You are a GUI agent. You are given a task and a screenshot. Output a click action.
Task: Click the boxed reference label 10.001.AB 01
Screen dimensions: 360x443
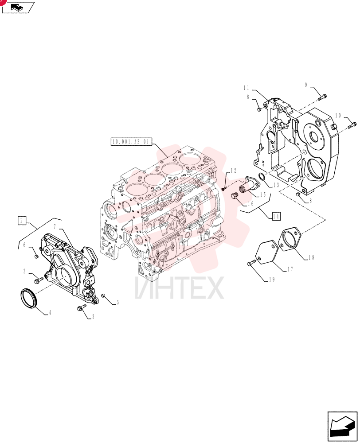131,142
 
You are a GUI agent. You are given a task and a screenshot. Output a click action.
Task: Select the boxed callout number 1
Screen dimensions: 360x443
22,220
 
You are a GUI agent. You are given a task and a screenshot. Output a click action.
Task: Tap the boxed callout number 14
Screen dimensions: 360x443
276,217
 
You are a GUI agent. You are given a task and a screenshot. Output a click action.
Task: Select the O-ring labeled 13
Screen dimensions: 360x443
262,178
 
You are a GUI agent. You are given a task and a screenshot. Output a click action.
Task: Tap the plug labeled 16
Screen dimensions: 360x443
234,195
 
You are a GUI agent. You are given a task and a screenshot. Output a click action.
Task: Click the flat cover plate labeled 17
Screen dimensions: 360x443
267,253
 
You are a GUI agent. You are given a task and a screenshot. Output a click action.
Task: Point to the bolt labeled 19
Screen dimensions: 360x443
252,263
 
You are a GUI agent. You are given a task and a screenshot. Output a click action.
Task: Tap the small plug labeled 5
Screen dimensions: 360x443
103,295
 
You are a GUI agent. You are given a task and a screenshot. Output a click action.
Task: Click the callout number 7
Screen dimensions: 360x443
55,227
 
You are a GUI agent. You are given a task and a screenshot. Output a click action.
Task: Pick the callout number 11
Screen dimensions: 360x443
246,88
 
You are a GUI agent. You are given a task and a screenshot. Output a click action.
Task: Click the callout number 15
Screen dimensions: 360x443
263,194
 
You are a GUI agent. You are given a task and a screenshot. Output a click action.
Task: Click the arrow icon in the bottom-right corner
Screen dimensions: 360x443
342,426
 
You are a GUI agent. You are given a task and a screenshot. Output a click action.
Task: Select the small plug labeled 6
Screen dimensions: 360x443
36,256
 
